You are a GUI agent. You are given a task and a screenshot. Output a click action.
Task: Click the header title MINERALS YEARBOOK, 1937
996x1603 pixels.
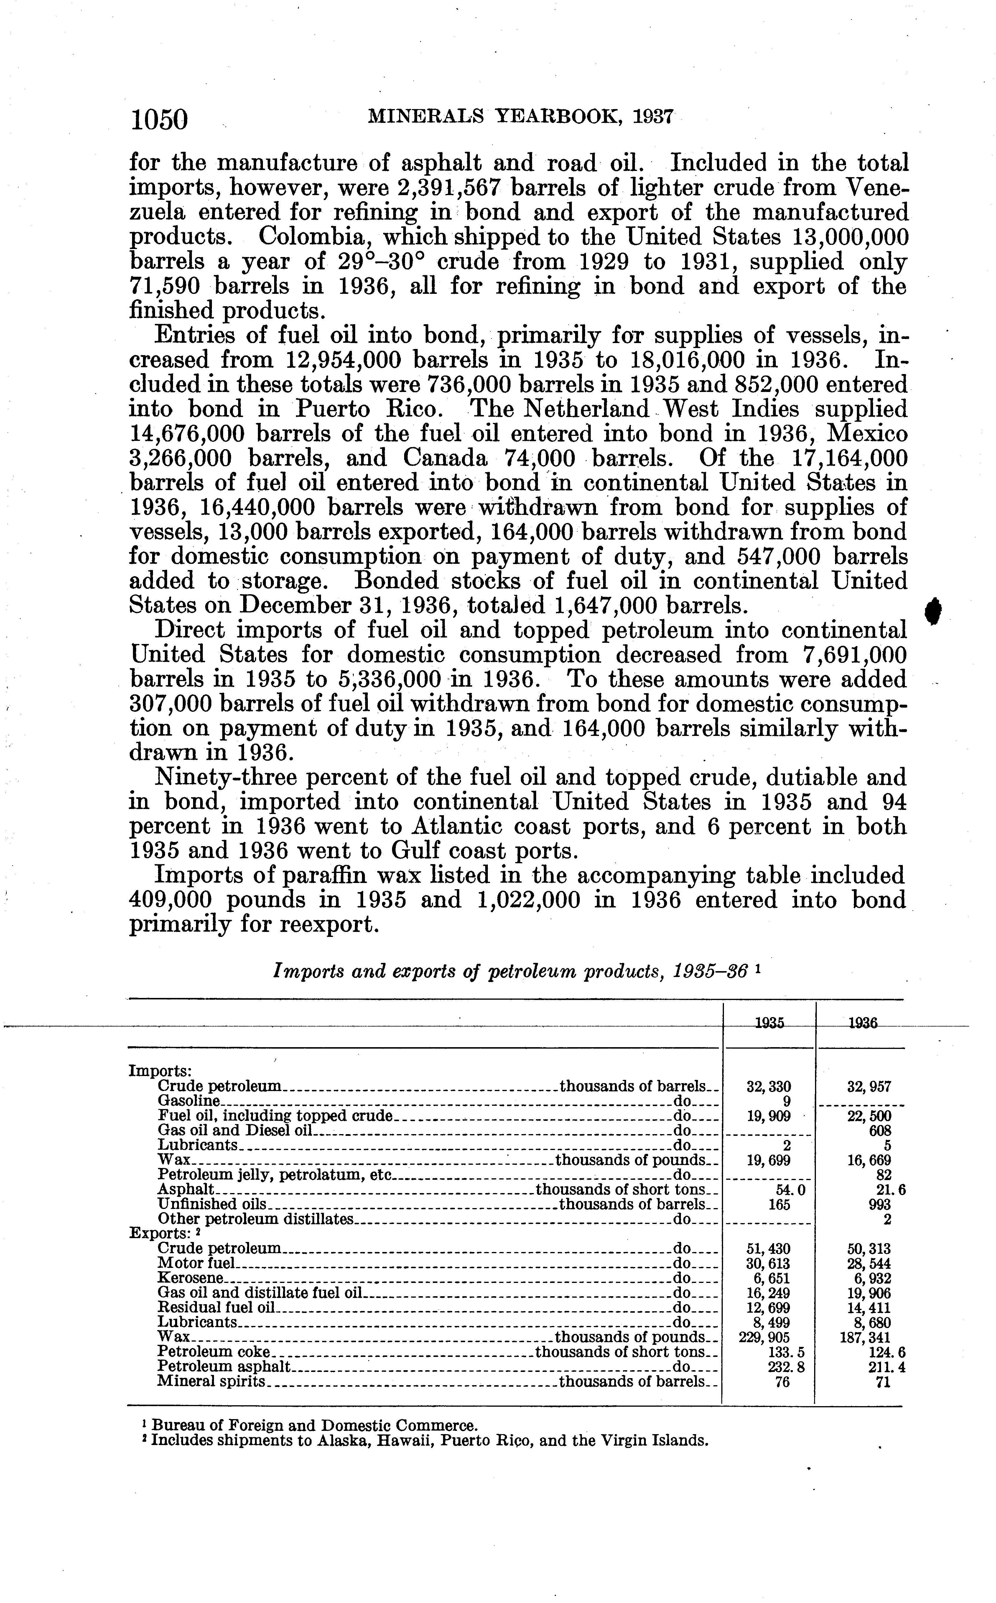(x=520, y=117)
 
